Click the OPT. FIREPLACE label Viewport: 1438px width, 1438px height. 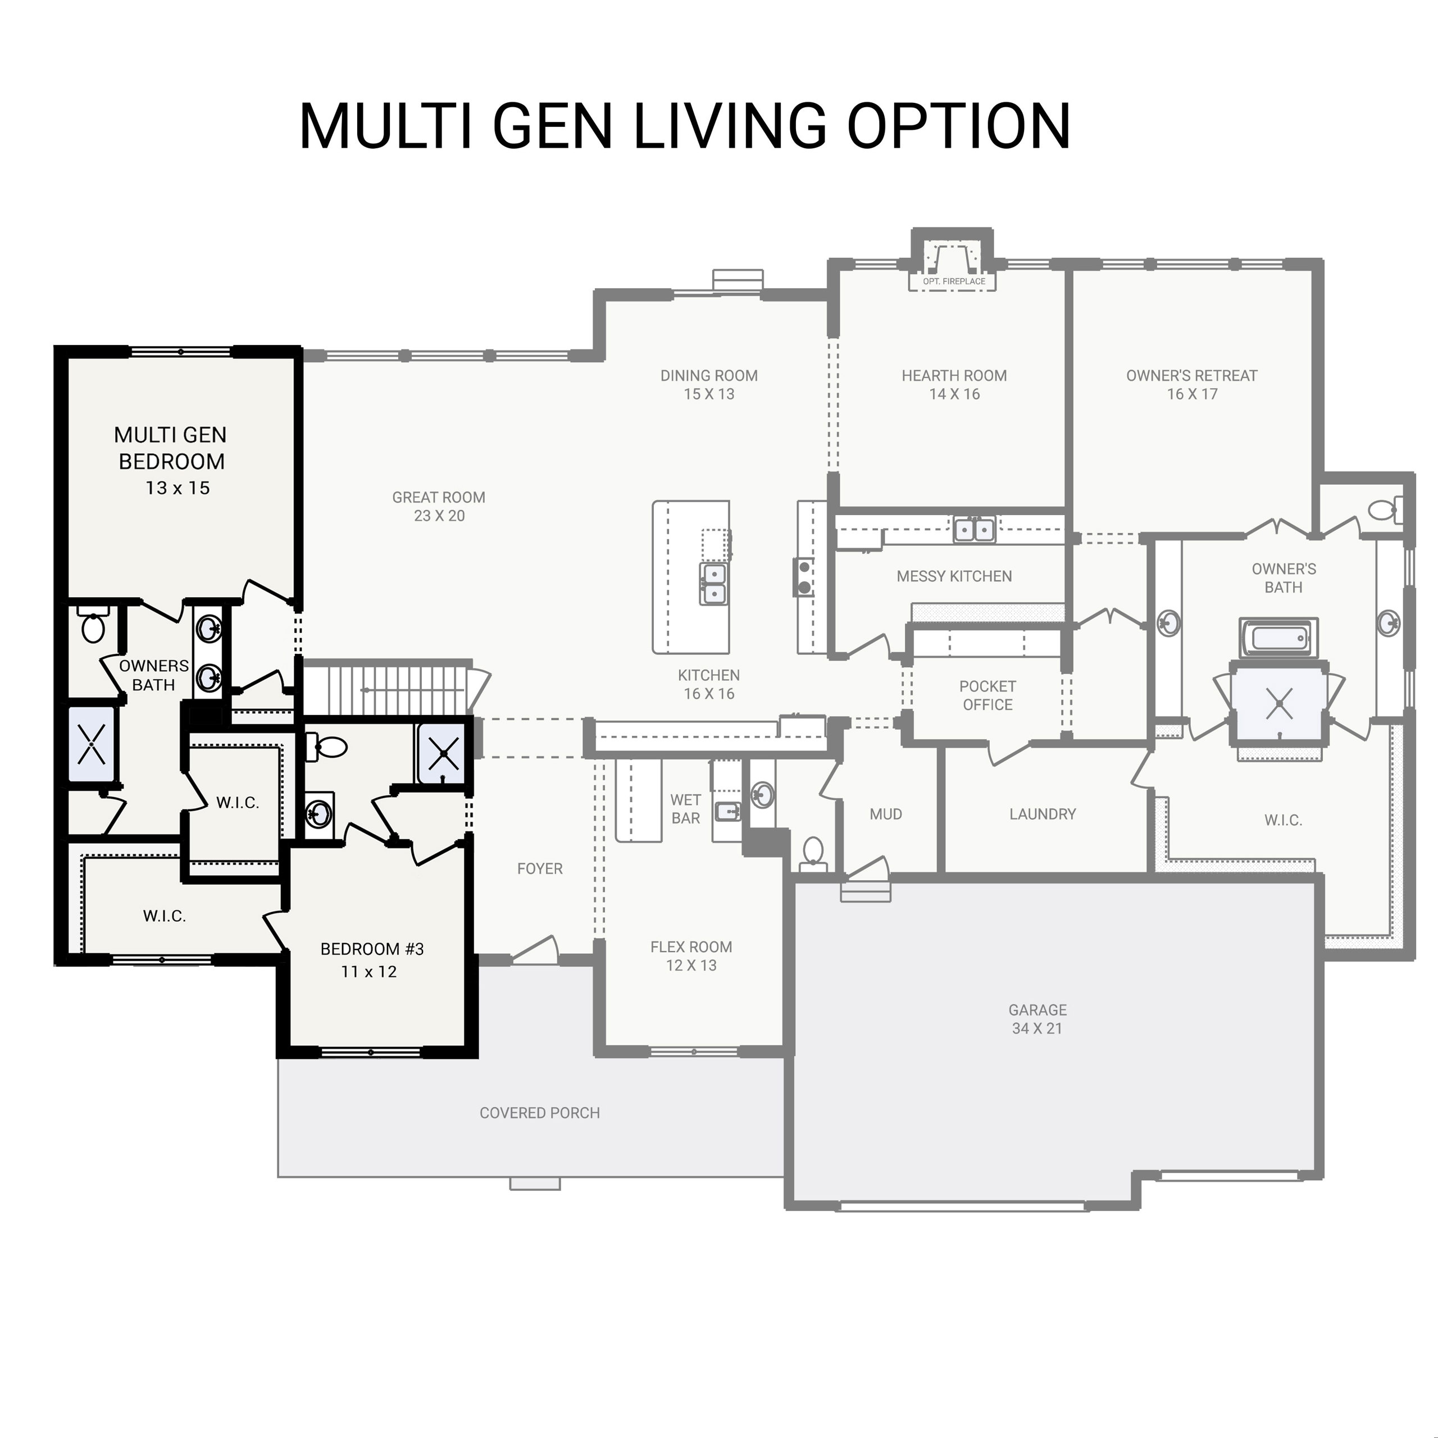953,281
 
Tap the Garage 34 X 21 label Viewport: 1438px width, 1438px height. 1037,1019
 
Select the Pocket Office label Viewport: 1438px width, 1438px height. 987,695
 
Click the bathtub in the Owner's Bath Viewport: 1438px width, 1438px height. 1278,638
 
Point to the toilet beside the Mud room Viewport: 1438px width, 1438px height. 813,851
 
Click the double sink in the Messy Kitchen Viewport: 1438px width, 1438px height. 973,529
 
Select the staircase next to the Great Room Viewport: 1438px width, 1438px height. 387,689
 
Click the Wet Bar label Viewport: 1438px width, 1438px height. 685,809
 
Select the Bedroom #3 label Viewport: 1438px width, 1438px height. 371,949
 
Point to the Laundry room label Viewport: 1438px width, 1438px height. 1042,814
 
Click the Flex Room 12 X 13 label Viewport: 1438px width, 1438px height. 691,955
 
